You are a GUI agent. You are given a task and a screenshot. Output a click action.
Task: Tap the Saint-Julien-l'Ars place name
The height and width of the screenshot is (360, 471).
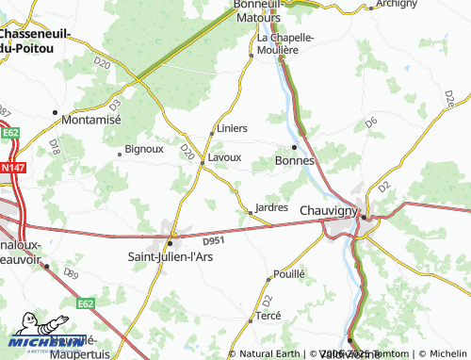tap(170, 254)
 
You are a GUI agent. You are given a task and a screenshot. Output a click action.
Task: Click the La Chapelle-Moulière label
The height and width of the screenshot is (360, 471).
tap(285, 43)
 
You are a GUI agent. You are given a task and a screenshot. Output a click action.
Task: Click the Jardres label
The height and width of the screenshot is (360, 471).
tap(271, 207)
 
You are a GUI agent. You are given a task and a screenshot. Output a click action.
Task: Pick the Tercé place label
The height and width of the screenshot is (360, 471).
tap(268, 317)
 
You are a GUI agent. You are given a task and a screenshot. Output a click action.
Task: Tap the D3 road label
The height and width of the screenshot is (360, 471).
tap(115, 102)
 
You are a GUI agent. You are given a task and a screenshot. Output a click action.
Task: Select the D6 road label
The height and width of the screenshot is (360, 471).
tap(371, 123)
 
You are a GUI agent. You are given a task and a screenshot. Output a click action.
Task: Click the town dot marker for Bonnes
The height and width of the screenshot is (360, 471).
tap(294, 147)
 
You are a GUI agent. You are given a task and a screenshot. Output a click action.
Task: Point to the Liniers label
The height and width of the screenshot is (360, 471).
tap(232, 128)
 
